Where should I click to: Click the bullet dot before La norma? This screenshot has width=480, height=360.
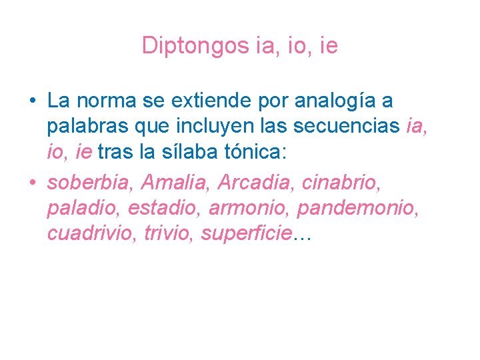coord(32,102)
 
